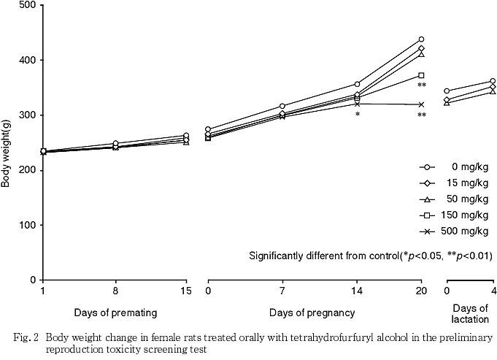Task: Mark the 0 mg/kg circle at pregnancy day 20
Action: coord(421,39)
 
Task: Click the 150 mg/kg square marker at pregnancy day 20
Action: coord(421,75)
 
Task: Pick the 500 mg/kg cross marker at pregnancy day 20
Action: coord(421,104)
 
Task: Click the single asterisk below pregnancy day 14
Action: coord(358,115)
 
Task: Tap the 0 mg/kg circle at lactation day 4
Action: coord(493,81)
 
